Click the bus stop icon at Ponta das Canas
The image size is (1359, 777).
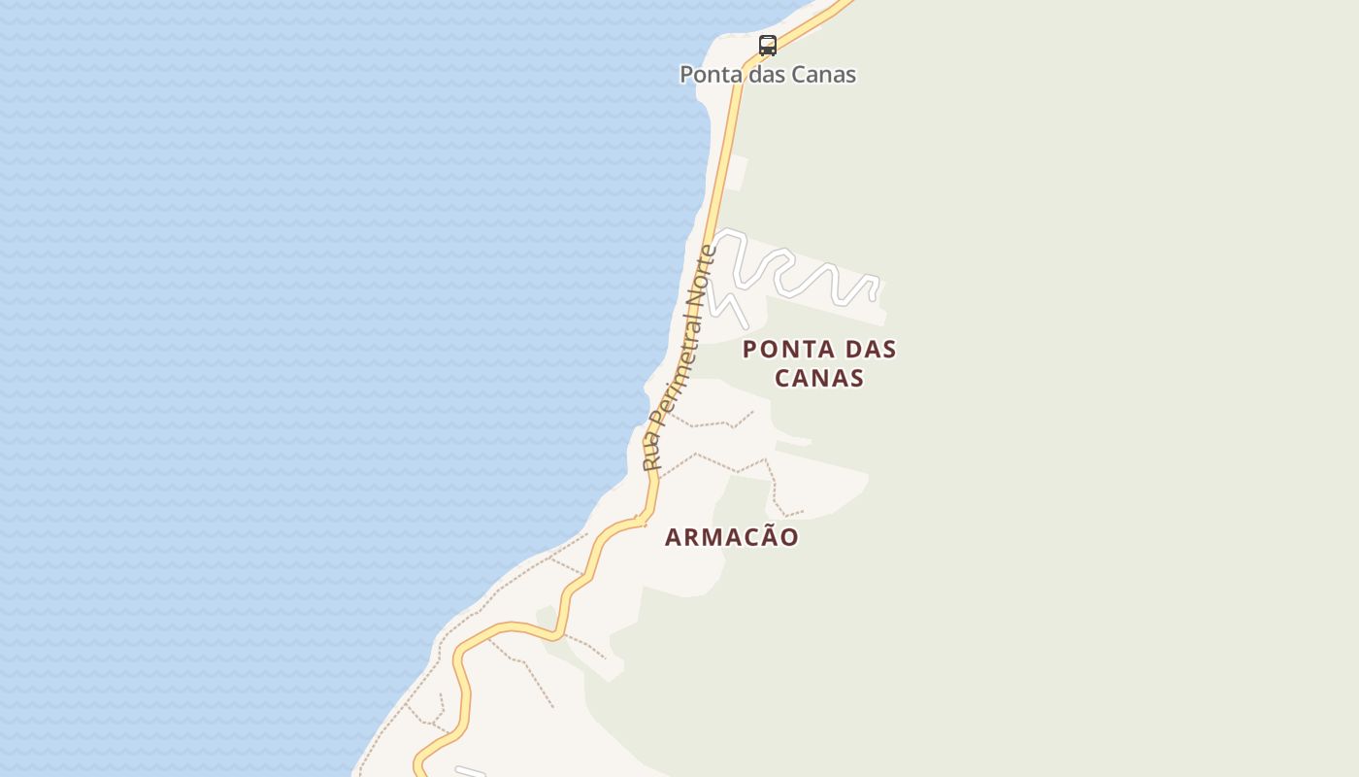[x=768, y=45]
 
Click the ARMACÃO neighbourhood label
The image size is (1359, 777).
[x=732, y=537]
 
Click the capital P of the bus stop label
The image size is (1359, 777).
[x=687, y=75]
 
